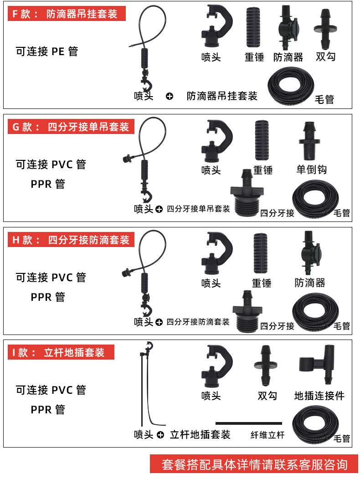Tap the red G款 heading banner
coord(71,127)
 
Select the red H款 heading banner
coord(71,240)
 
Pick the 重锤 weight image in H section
coord(262,253)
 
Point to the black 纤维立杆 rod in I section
coord(248,423)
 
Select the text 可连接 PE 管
coord(47,52)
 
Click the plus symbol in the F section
coord(170,96)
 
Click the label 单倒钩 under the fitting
coord(311,170)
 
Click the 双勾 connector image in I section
coord(267,366)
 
